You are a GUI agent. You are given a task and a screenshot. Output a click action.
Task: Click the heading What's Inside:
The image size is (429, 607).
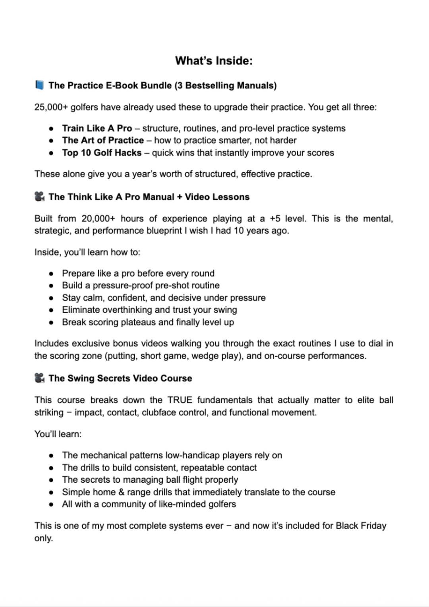point(214,61)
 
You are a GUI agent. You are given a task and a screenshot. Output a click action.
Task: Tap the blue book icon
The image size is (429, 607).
point(39,85)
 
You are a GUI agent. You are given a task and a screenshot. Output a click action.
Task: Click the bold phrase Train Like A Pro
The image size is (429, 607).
point(97,128)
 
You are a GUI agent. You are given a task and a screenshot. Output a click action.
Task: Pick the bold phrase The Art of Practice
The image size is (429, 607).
point(103,140)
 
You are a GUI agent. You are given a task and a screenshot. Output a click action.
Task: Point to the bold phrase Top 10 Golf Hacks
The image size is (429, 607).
point(102,153)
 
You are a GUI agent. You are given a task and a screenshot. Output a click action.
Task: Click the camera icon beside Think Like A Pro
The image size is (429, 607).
point(39,197)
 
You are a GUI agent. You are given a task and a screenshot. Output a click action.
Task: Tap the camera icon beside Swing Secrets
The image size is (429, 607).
point(39,378)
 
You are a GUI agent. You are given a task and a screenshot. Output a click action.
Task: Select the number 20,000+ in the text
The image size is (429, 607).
point(97,218)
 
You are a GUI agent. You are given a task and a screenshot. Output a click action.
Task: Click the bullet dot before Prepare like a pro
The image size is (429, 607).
point(51,274)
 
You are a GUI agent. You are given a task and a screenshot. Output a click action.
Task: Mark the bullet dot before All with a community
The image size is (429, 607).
point(51,505)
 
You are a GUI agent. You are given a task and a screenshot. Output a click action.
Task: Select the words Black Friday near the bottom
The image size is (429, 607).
point(361,526)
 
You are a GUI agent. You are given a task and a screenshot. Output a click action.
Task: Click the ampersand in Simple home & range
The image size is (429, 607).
point(122,492)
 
